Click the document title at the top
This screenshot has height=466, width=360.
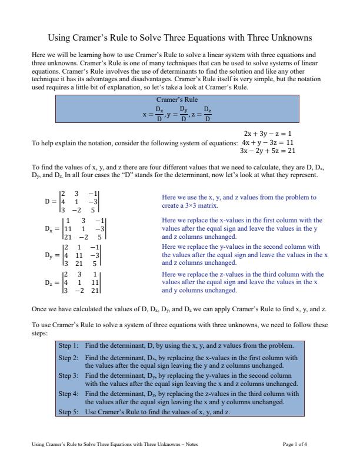click(x=179, y=38)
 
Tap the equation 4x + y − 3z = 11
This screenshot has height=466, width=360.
click(x=268, y=142)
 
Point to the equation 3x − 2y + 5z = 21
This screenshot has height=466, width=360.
click(x=268, y=151)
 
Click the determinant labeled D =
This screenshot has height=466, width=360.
click(x=73, y=201)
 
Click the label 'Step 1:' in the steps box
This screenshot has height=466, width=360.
click(x=68, y=345)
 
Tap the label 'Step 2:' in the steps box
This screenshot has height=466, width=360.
click(x=68, y=358)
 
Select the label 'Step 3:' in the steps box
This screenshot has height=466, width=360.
click(x=68, y=375)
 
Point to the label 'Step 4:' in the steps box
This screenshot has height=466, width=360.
click(x=68, y=394)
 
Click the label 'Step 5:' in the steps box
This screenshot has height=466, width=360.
click(x=68, y=412)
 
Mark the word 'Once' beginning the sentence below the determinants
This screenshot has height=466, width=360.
click(x=39, y=308)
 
